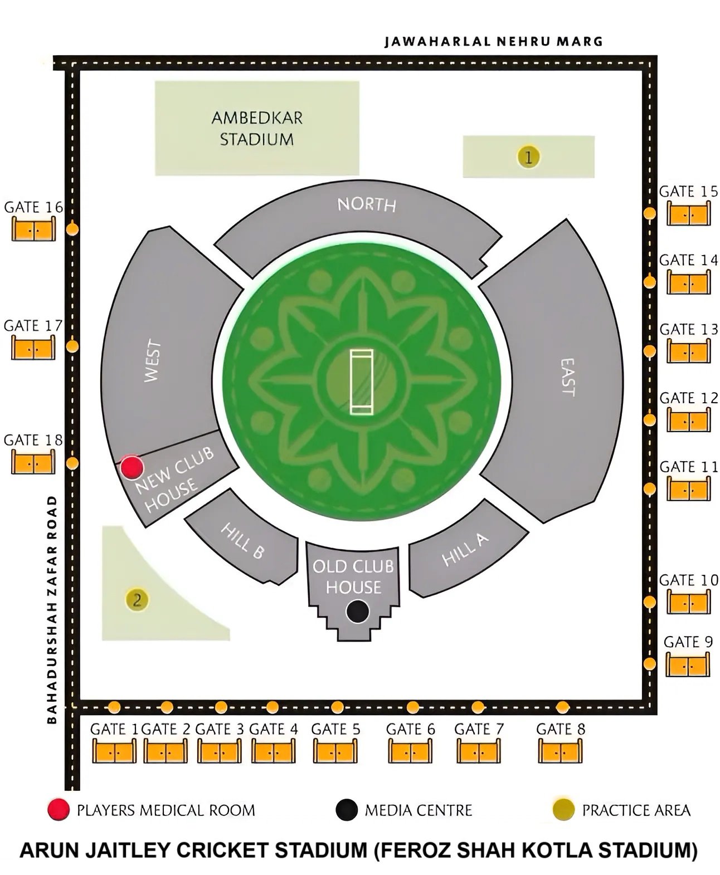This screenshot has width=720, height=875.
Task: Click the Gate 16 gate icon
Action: pyautogui.click(x=34, y=228)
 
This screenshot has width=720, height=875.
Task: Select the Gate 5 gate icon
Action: pyautogui.click(x=335, y=751)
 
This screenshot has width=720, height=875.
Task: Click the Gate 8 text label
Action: pyautogui.click(x=561, y=729)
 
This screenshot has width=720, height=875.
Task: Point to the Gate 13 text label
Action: pyautogui.click(x=689, y=329)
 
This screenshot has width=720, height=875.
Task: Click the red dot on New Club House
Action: pyautogui.click(x=132, y=467)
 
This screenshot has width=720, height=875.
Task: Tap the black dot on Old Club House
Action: pyautogui.click(x=357, y=611)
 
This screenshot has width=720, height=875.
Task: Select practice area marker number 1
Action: pyautogui.click(x=528, y=157)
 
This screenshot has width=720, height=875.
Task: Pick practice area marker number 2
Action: pyautogui.click(x=137, y=600)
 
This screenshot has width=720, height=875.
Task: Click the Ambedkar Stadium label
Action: pyautogui.click(x=257, y=128)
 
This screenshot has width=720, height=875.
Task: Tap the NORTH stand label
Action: pyautogui.click(x=367, y=205)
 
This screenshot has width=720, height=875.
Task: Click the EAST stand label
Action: pyautogui.click(x=567, y=377)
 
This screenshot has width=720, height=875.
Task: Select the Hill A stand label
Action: pyautogui.click(x=465, y=549)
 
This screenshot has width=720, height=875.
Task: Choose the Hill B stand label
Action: pyautogui.click(x=242, y=540)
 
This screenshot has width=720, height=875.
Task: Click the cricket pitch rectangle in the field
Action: pyautogui.click(x=361, y=382)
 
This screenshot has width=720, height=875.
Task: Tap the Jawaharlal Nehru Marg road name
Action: pyautogui.click(x=493, y=41)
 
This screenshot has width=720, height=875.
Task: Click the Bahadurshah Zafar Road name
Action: pyautogui.click(x=52, y=610)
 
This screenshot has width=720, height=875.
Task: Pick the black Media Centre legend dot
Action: pyautogui.click(x=346, y=810)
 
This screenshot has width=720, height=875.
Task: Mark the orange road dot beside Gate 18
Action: pyautogui.click(x=72, y=463)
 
